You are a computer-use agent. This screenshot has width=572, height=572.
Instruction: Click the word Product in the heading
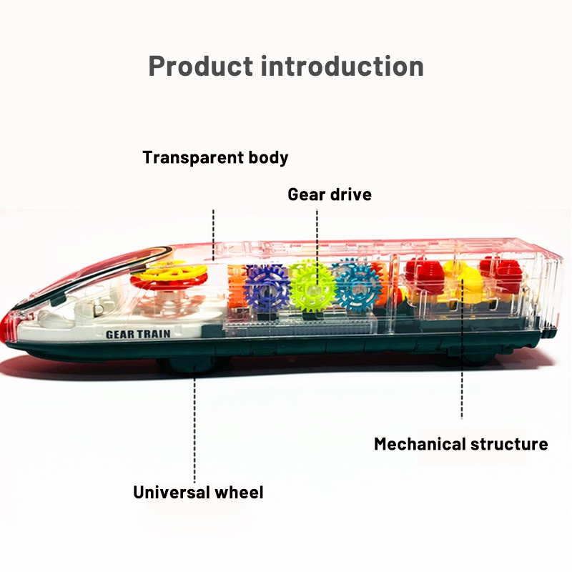pyautogui.click(x=201, y=66)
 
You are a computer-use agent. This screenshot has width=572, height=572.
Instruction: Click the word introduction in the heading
pyautogui.click(x=342, y=66)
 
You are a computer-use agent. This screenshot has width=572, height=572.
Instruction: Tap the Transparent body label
pyautogui.click(x=215, y=157)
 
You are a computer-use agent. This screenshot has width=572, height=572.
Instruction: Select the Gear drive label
pyautogui.click(x=330, y=194)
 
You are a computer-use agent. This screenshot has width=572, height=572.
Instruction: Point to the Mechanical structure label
pyautogui.click(x=460, y=444)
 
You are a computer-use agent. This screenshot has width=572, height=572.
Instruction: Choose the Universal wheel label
pyautogui.click(x=198, y=492)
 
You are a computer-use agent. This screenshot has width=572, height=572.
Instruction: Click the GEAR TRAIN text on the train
pyautogui.click(x=138, y=334)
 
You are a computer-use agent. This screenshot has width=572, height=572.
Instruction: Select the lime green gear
pyautogui.click(x=312, y=287)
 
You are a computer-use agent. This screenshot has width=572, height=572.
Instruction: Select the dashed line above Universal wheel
pyautogui.click(x=194, y=425)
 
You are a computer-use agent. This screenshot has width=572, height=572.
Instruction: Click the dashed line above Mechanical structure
pyautogui.click(x=462, y=348)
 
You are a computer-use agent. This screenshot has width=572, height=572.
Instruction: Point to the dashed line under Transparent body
pyautogui.click(x=213, y=235)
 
